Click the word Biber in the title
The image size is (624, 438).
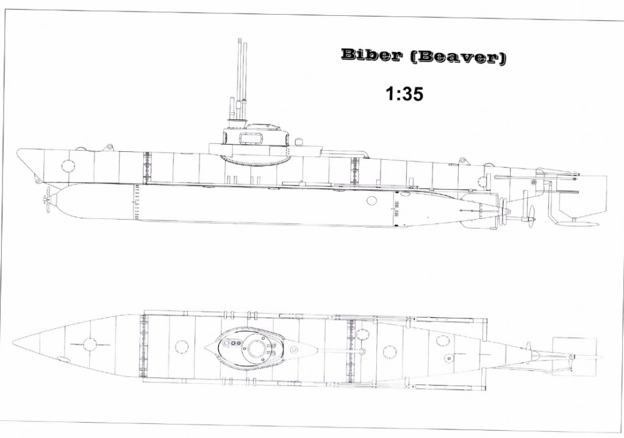click(370, 56)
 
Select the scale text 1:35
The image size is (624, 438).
click(404, 94)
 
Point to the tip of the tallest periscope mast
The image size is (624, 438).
click(240, 39)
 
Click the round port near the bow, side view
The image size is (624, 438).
click(68, 165)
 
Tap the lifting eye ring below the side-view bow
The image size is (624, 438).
click(38, 181)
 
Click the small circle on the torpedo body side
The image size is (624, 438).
click(371, 201)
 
